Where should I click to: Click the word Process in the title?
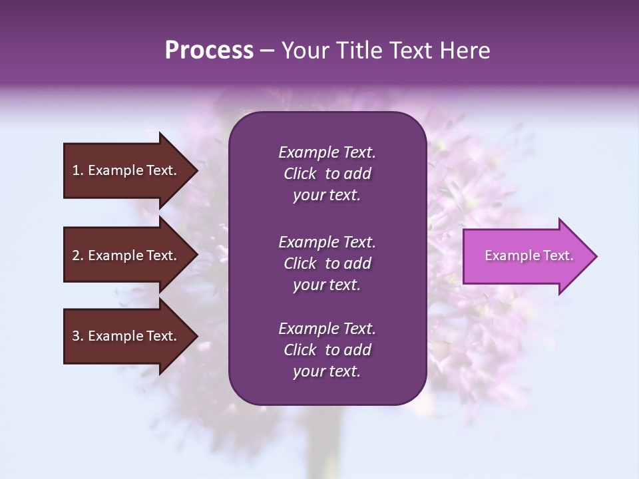coord(209,51)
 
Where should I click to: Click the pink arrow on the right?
coord(526,256)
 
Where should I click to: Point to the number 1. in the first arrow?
coord(78,170)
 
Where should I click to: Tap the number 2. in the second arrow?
coord(78,255)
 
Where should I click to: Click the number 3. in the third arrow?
coord(78,336)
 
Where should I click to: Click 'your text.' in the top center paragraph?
coord(327,196)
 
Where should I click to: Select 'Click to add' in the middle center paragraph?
coord(327,263)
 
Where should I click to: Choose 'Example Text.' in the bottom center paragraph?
coord(327,329)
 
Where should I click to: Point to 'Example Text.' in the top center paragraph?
coord(327,152)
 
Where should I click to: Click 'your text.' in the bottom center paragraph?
coord(327,372)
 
